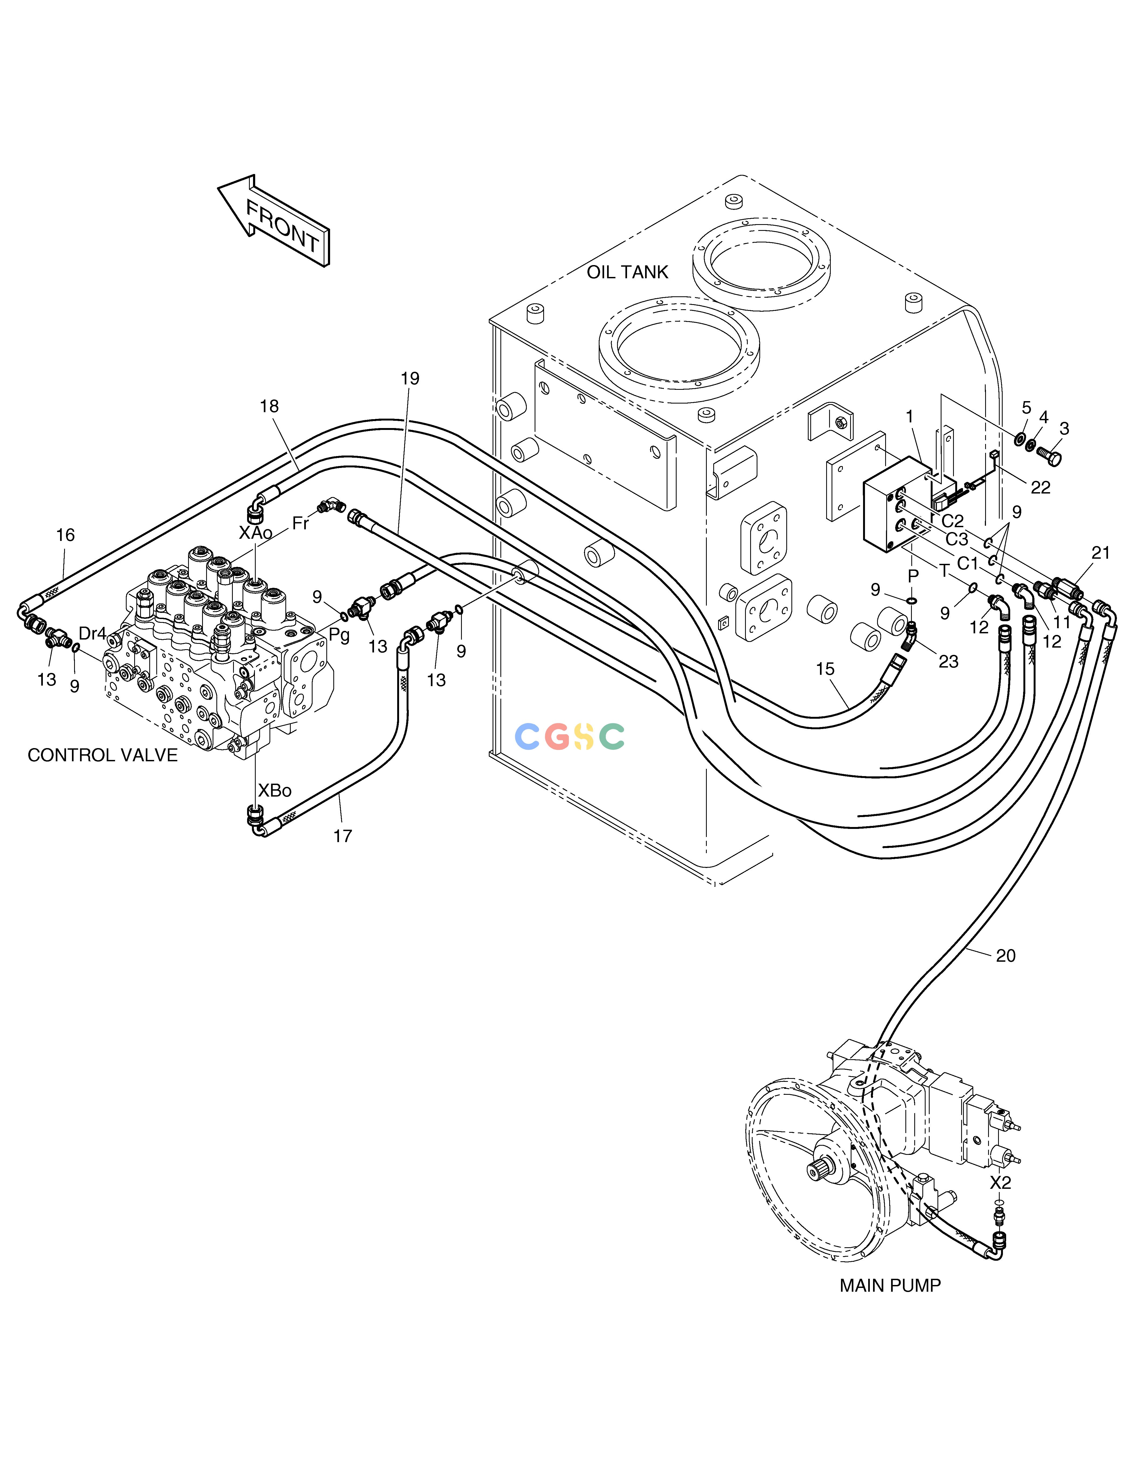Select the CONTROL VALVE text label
coord(103,755)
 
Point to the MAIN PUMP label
coord(890,1286)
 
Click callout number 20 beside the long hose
coord(1005,956)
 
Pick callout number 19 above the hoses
coord(410,379)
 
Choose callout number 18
coord(269,406)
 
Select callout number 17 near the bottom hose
coord(343,836)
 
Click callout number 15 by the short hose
coord(825,669)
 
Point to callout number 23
coord(948,662)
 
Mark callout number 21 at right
coord(1100,553)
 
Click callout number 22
coord(1040,488)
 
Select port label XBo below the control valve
coord(275,790)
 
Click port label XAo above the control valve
coord(256,533)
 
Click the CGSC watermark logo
coord(570,736)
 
